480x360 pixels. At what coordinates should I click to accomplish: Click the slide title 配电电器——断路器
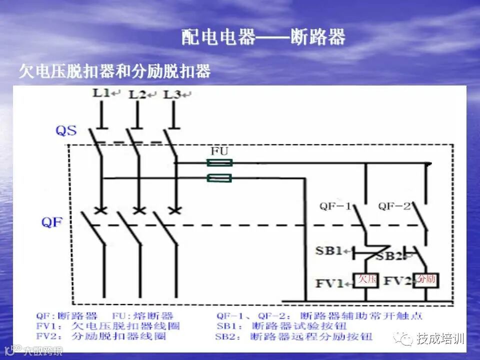263,37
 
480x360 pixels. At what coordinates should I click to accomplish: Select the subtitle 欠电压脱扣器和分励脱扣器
114,71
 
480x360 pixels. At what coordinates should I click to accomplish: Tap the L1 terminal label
101,92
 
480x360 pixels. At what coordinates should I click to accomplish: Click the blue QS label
66,131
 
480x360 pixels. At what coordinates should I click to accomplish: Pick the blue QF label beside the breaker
51,222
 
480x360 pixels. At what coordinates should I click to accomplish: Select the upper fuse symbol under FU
219,162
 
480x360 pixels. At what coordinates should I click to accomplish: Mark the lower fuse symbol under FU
219,177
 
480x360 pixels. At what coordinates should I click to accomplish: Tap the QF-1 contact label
336,206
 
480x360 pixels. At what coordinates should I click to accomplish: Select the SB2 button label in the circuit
388,256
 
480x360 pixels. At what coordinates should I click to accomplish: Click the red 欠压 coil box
366,279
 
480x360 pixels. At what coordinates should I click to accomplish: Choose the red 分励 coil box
426,279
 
